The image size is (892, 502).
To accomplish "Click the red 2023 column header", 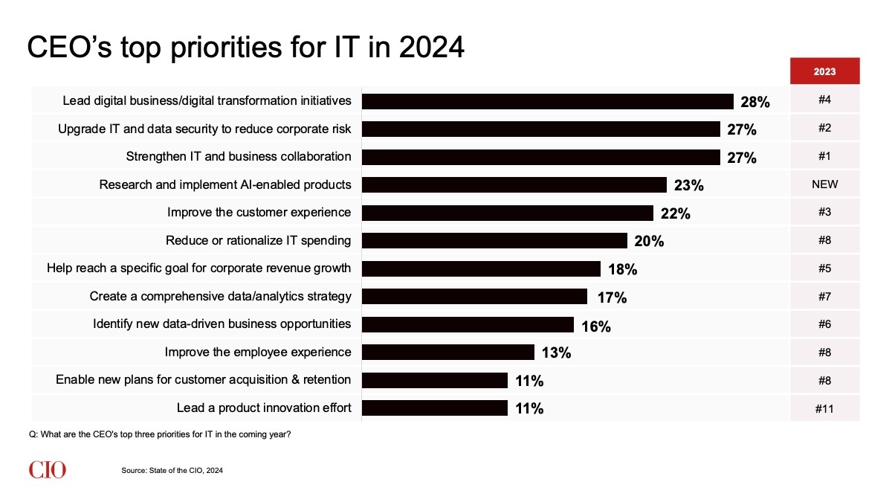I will [x=824, y=72].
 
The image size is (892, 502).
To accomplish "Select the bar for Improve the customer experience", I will [x=507, y=213].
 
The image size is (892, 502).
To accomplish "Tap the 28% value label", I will [x=754, y=102].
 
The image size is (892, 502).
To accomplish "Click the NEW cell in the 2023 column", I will [x=824, y=184].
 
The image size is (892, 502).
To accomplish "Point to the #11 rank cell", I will [x=824, y=408].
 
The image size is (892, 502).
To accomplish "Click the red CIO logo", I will [x=48, y=469].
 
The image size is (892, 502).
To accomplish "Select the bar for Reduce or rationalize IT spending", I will [x=494, y=241].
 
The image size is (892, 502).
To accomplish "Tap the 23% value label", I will [x=688, y=185].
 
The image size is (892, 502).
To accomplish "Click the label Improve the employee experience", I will [x=257, y=352].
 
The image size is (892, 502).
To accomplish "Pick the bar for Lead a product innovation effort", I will [x=434, y=408].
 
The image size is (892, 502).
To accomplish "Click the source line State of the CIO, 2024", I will [x=172, y=470].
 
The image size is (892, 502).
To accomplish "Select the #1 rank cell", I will [x=824, y=156].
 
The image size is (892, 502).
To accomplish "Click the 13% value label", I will [x=556, y=353].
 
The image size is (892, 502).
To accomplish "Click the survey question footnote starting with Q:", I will [x=158, y=434].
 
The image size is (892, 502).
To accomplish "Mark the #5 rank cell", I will [x=824, y=268].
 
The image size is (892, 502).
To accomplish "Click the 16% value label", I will [x=595, y=325].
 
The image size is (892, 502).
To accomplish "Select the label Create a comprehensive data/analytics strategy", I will [x=220, y=296].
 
